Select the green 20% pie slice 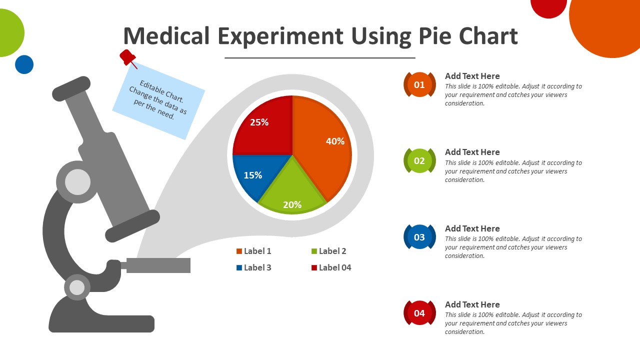point(292,192)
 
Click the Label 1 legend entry point(254,251)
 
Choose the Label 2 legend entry point(328,251)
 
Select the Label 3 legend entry point(254,267)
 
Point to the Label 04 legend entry point(331,267)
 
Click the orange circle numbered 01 point(419,84)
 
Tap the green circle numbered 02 point(419,160)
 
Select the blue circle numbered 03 point(419,237)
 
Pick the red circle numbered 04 point(419,313)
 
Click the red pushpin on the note point(127,57)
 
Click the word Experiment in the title point(280,36)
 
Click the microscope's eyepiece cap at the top point(71,88)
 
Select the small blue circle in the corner point(24,64)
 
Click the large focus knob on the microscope point(78,182)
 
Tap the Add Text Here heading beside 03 point(472,228)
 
